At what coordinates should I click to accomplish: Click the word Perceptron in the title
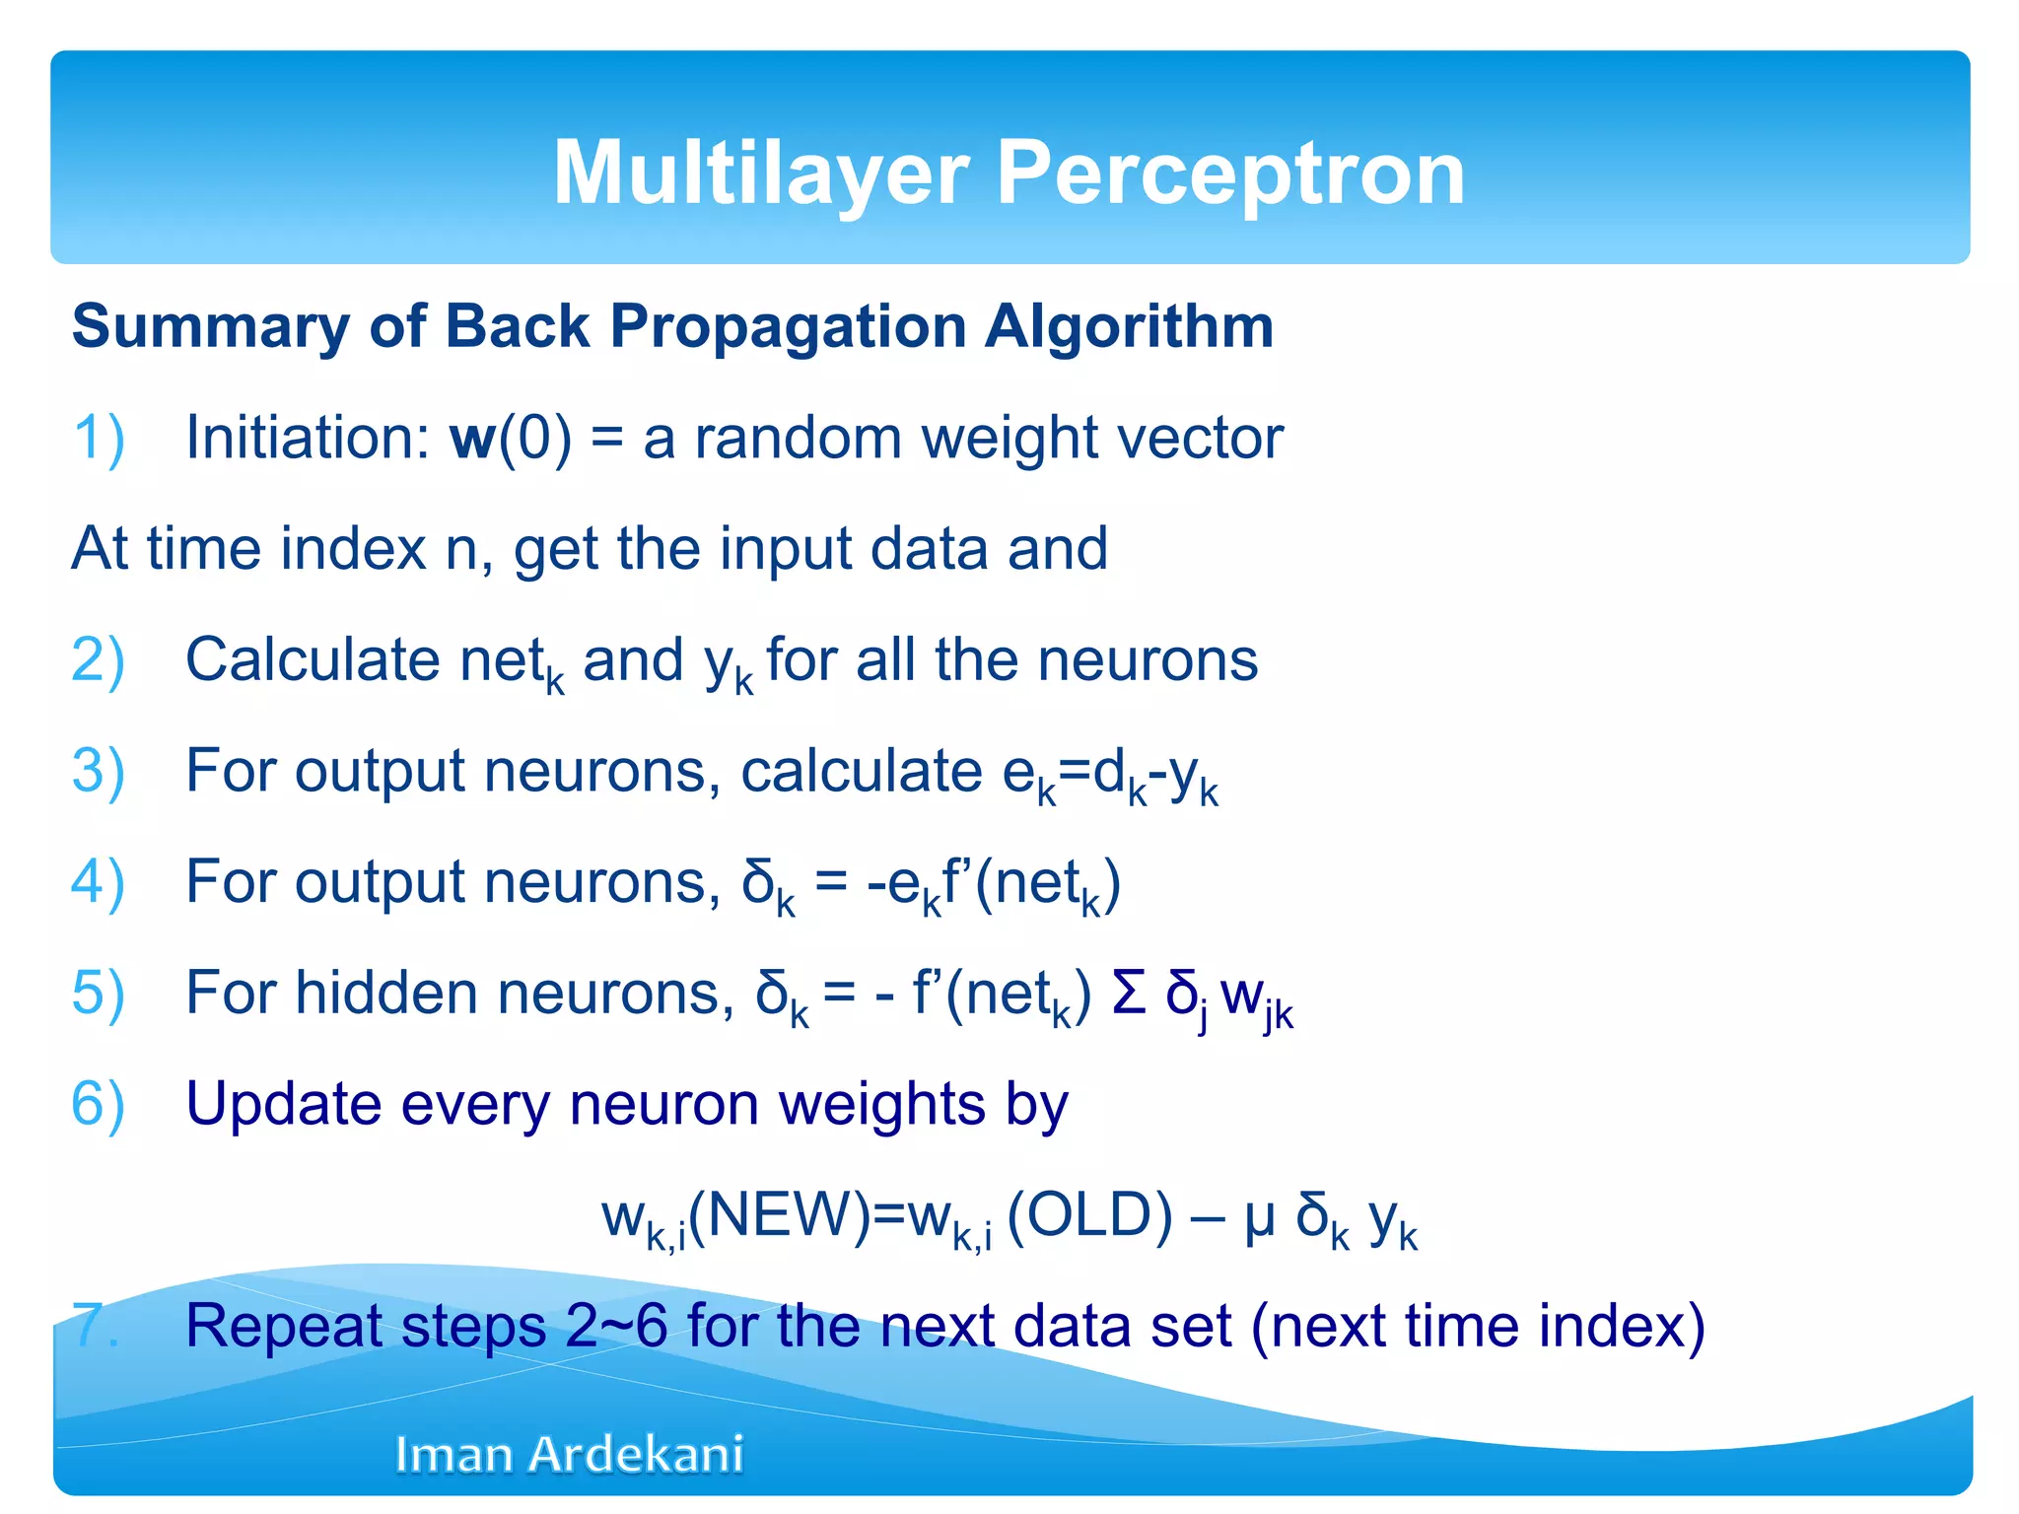point(1230,173)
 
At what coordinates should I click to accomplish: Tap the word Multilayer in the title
point(761,173)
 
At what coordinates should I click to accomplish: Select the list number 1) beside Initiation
point(99,438)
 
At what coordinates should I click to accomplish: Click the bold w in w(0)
point(472,440)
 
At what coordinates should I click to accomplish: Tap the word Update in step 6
point(283,1104)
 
